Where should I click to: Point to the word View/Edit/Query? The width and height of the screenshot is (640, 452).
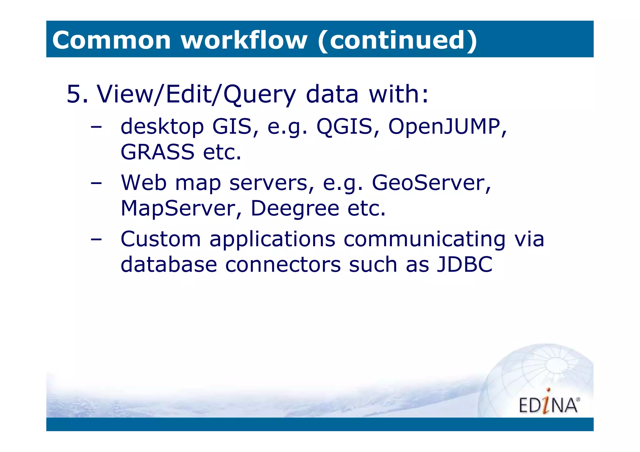pos(196,94)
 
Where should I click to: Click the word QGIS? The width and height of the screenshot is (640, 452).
pos(344,127)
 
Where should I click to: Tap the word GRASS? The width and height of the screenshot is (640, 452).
pos(157,152)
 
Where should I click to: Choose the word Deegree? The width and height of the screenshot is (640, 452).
pos(295,208)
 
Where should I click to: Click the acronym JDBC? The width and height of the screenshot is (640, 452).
pos(464,265)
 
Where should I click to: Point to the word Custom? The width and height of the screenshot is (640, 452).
pos(161,239)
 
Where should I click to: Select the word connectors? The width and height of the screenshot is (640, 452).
pos(283,265)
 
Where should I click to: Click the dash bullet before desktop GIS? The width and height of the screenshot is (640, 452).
pos(96,127)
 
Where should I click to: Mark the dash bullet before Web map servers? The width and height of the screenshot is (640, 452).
pos(96,183)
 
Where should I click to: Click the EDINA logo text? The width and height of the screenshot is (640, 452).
pos(548,405)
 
